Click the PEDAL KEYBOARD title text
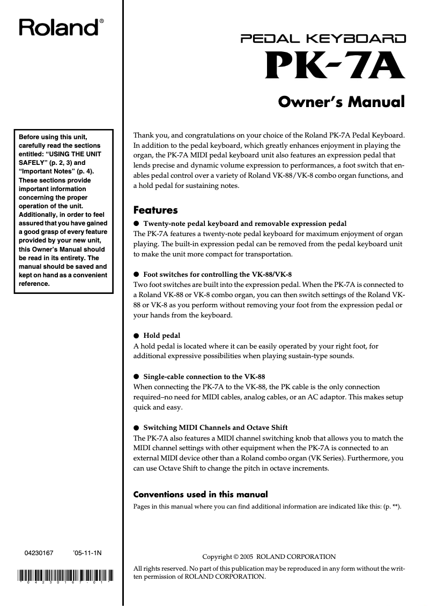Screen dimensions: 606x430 [x=323, y=39]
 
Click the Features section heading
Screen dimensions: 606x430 [x=155, y=210]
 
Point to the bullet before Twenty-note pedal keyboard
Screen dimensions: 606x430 [x=136, y=223]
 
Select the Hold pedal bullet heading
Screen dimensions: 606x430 [x=162, y=336]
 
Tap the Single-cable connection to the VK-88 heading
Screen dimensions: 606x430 [x=204, y=376]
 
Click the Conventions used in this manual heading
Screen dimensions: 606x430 [x=200, y=494]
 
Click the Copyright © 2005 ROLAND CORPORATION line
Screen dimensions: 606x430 [x=269, y=557]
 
